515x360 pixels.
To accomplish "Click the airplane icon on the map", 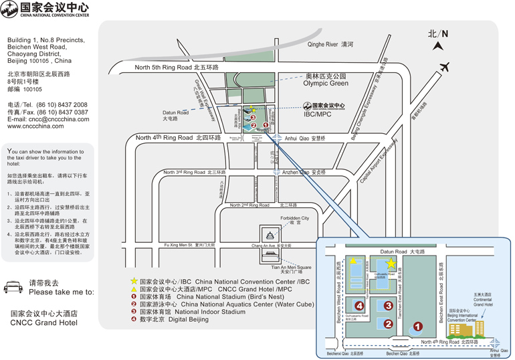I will pyautogui.click(x=443, y=67).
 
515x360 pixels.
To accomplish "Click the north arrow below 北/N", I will pyautogui.click(x=437, y=46).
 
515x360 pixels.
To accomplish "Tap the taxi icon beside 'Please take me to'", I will pyautogui.click(x=13, y=287).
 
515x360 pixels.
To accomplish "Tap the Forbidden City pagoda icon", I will pyautogui.click(x=270, y=235).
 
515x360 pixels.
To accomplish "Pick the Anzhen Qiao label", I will pyautogui.click(x=304, y=172).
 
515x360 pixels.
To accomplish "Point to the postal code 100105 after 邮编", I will pyautogui.click(x=33, y=89).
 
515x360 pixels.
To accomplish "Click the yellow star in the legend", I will pyautogui.click(x=134, y=282).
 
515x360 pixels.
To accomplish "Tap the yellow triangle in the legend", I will pyautogui.click(x=134, y=290).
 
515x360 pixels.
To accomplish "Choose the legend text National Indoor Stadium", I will pyautogui.click(x=210, y=311).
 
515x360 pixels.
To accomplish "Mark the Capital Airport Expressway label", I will pyautogui.click(x=378, y=161).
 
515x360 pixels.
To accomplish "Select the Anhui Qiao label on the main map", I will pyautogui.click(x=305, y=139).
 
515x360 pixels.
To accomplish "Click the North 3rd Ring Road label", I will pyautogui.click(x=195, y=172).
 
